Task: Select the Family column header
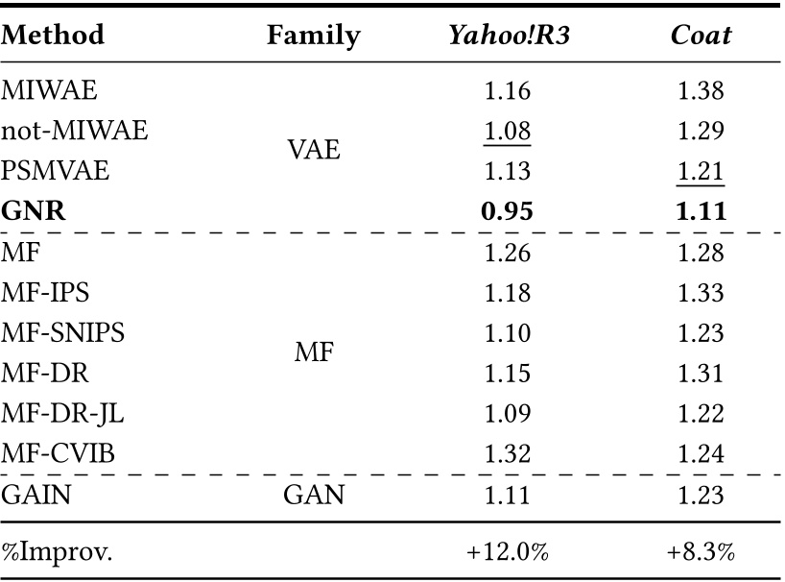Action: pos(314,36)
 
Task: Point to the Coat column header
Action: pos(700,36)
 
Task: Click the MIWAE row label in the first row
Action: pos(50,91)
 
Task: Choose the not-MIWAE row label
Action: pos(75,131)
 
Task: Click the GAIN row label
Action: pos(39,494)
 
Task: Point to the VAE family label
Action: pos(314,151)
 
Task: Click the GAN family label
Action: pos(314,494)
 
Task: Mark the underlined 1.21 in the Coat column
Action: pos(700,171)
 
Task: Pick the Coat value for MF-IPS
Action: pos(700,292)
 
